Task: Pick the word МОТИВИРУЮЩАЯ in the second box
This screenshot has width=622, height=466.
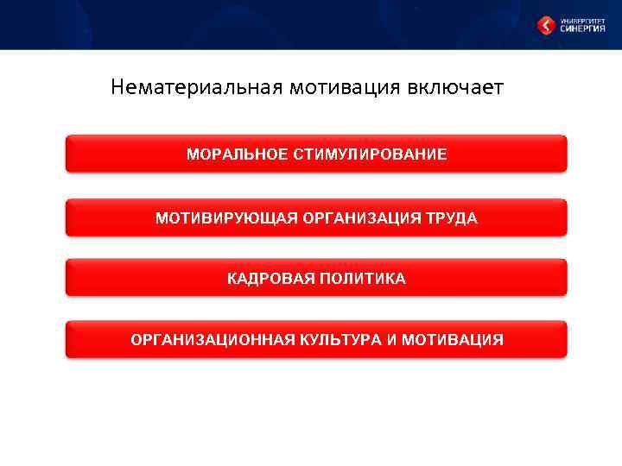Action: (226, 218)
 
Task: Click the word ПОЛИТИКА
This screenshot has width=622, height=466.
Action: (362, 279)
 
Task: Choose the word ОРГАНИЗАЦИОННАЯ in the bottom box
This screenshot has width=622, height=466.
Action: (212, 340)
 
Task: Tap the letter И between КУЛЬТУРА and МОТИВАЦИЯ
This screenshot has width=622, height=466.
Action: (392, 340)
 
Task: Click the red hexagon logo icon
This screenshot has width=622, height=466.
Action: (546, 26)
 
